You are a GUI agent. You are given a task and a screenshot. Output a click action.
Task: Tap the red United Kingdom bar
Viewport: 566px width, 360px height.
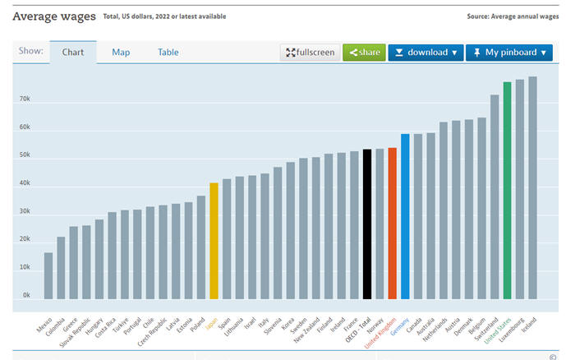point(393,223)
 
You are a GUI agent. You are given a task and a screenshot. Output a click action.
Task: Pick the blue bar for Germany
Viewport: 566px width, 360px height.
point(405,216)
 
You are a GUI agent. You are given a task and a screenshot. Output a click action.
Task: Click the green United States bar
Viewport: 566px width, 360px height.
point(507,190)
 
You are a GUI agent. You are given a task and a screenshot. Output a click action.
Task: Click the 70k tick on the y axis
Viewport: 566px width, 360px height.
point(25,99)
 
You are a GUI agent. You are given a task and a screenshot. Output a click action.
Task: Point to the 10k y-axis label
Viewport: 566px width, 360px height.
point(25,267)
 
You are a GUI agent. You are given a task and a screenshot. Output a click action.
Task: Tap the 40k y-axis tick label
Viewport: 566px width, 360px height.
point(25,183)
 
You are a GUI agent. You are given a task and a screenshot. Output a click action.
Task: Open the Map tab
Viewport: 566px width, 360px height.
point(121,53)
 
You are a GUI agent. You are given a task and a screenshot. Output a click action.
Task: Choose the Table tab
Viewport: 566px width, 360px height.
point(168,53)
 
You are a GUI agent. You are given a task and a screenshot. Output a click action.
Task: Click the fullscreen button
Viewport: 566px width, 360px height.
point(310,53)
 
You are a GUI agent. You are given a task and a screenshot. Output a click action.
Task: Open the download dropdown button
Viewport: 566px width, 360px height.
point(425,53)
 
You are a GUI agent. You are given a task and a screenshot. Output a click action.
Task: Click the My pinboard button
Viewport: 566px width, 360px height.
point(509,53)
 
